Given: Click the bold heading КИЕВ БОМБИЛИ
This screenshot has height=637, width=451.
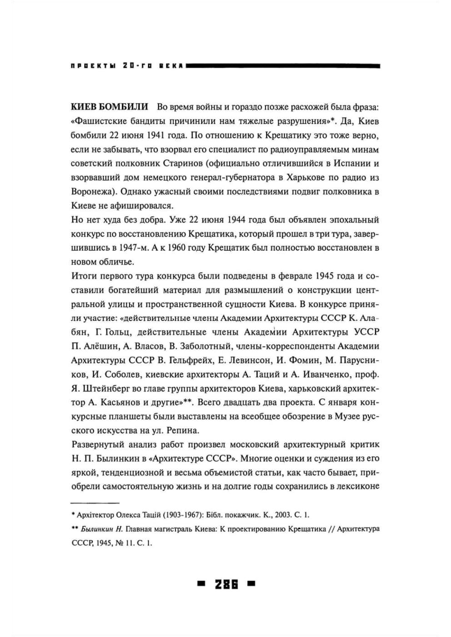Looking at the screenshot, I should pos(110,107).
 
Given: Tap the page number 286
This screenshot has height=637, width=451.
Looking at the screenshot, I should pos(226,584).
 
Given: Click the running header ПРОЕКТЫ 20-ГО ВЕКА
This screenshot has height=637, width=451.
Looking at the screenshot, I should pos(127,65).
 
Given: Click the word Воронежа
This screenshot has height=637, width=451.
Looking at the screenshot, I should pos(93,192).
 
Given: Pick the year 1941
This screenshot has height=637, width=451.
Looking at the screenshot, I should pos(159,135).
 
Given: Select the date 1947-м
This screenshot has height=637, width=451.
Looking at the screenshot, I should pos(134,248).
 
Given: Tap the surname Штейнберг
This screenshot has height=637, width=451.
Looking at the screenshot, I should pos(109,388).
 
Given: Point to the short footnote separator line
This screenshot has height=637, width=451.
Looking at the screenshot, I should pos(95,503).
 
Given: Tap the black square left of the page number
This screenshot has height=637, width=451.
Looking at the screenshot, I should pos(201,584).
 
